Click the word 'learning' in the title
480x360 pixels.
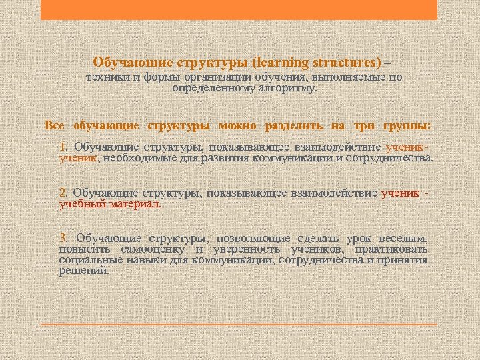pos(280,63)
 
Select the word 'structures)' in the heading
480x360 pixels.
pos(346,63)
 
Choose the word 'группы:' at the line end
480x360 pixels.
pos(407,125)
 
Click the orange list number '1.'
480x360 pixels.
pos(63,147)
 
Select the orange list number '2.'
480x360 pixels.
pos(63,193)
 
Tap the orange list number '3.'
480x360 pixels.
pos(63,239)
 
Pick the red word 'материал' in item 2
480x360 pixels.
pos(136,205)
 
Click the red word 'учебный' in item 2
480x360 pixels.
pos(80,205)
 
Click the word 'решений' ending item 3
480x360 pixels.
pos(83,271)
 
